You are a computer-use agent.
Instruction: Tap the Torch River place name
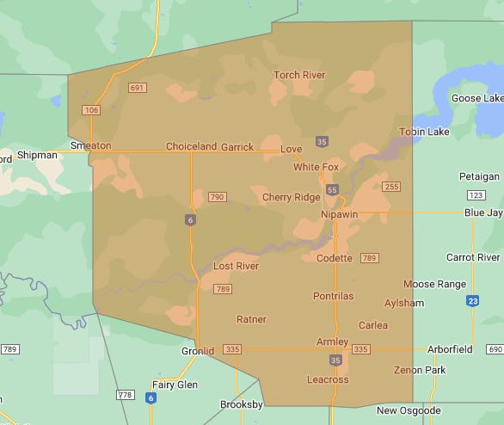pos(299,75)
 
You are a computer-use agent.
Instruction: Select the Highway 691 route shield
pos(137,88)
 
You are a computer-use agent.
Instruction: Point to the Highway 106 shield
pos(91,110)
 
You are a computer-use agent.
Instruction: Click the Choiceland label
pos(191,146)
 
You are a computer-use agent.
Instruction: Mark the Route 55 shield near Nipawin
pos(332,189)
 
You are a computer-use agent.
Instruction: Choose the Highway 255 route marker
pos(391,187)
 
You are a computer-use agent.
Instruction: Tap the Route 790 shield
pos(217,197)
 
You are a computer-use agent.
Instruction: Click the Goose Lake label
pos(477,98)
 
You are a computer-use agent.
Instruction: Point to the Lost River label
pos(236,266)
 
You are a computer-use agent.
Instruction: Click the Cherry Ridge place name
pos(291,197)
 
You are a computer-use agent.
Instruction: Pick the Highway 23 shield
pos(473,300)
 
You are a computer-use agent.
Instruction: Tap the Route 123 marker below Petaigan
pos(476,195)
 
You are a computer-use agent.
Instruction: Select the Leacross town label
pos(328,379)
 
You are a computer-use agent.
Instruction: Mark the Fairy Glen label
pos(175,385)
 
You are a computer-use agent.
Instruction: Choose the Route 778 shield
pos(126,395)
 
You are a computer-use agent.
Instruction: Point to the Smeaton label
pos(90,145)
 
